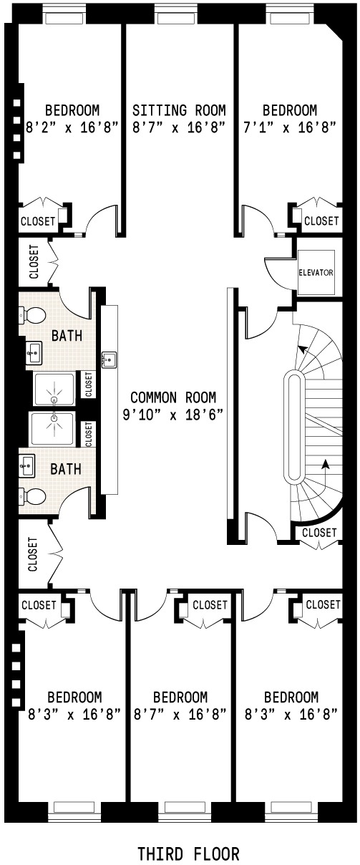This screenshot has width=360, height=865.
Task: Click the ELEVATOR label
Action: pyautogui.click(x=316, y=272)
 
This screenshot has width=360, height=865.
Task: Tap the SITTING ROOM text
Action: pyautogui.click(x=179, y=110)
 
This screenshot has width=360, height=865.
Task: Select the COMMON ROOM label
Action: pyautogui.click(x=173, y=397)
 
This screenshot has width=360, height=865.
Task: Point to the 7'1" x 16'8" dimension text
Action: pyautogui.click(x=290, y=127)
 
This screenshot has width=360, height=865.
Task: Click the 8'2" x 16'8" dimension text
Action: pyautogui.click(x=71, y=127)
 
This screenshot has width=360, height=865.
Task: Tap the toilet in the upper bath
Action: pyautogui.click(x=32, y=316)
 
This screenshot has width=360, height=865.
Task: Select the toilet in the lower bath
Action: pyautogui.click(x=32, y=496)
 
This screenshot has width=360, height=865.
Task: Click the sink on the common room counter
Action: pyautogui.click(x=110, y=359)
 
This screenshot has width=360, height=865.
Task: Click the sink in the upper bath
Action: pyautogui.click(x=34, y=352)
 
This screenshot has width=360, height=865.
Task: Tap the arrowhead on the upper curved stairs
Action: pyautogui.click(x=303, y=349)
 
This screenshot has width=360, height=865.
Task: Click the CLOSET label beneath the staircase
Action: pyautogui.click(x=319, y=533)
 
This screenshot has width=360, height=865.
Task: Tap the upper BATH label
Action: pyautogui.click(x=67, y=336)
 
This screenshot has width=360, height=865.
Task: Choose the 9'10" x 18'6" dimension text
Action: pyautogui.click(x=173, y=415)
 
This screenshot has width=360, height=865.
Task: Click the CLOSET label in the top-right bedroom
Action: pyautogui.click(x=321, y=221)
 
